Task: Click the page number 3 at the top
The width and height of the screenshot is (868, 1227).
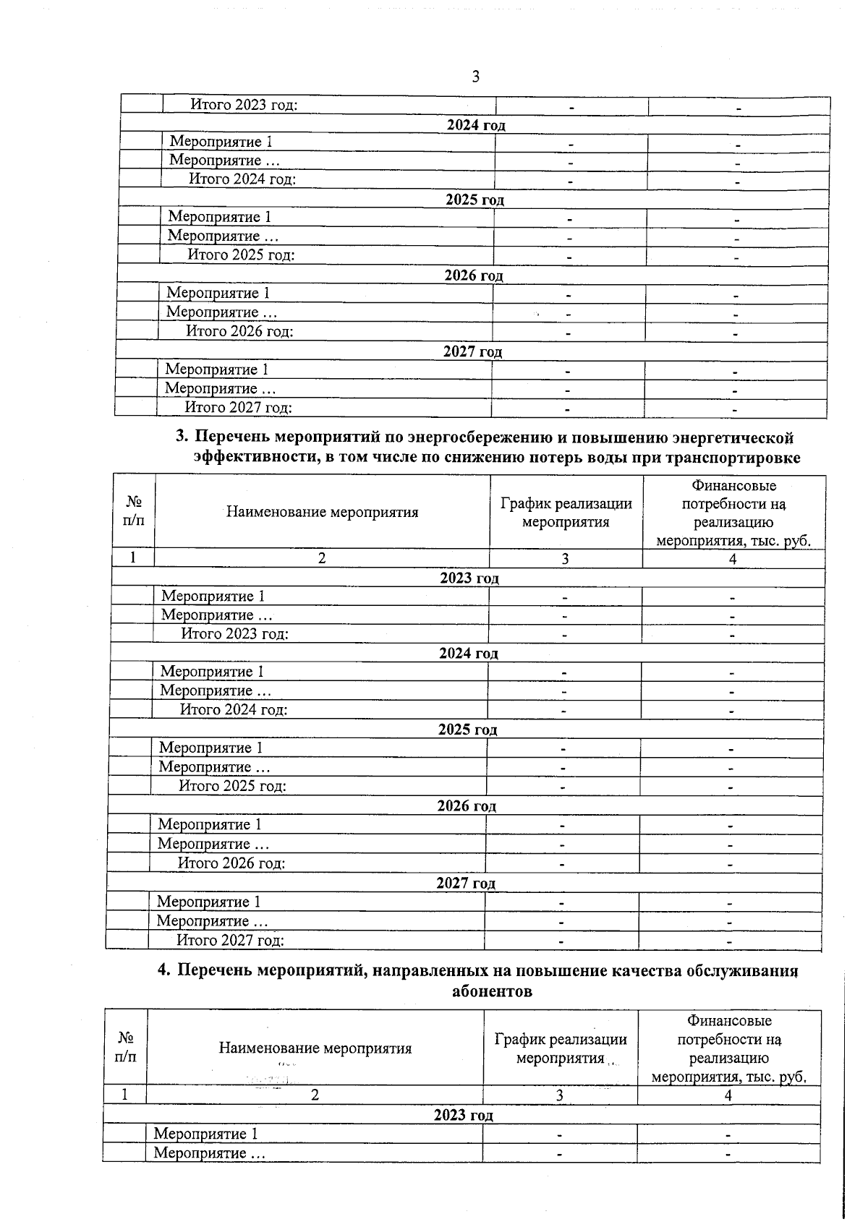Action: click(475, 77)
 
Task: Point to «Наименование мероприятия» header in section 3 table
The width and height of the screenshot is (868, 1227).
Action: click(322, 513)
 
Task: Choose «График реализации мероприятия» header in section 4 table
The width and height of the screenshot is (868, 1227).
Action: click(561, 1048)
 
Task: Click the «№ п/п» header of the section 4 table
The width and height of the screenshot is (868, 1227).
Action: click(125, 1047)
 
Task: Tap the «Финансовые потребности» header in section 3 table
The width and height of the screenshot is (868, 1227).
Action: click(733, 513)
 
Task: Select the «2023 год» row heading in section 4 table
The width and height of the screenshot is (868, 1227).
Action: click(463, 1115)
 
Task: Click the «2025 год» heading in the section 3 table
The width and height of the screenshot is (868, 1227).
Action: click(467, 730)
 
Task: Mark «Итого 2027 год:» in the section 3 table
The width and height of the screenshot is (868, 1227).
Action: click(230, 940)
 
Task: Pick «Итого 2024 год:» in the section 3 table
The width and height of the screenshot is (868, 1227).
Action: click(234, 709)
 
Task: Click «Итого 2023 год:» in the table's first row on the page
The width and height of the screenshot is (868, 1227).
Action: click(244, 105)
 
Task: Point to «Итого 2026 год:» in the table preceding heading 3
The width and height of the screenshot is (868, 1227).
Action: click(239, 332)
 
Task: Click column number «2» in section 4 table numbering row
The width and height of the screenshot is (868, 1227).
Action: click(315, 1095)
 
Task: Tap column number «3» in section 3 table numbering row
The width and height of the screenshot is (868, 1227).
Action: click(565, 559)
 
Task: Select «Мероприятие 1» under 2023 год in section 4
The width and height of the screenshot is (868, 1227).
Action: click(205, 1134)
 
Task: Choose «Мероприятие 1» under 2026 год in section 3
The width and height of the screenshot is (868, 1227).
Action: click(209, 825)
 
